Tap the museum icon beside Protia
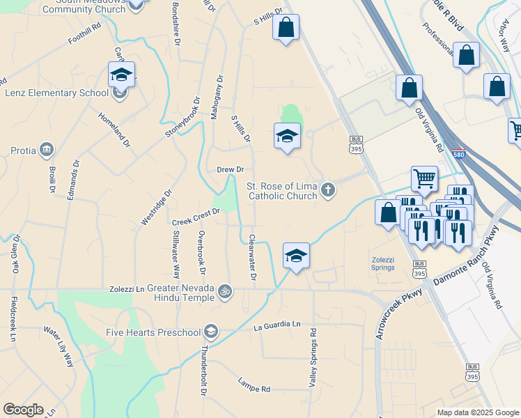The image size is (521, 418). point(47,148)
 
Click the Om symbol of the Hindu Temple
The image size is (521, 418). point(224,289)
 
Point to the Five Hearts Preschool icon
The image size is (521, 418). point(212,332)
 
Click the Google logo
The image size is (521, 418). point(22,410)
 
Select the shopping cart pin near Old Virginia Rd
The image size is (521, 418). point(424,180)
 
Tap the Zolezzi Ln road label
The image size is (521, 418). point(126,288)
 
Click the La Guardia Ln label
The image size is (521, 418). point(277,325)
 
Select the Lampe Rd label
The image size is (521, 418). point(254,385)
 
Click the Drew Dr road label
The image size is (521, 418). point(230,169)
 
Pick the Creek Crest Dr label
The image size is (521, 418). point(196,222)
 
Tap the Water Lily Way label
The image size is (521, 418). point(58,346)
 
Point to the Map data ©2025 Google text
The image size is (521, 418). point(478,412)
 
